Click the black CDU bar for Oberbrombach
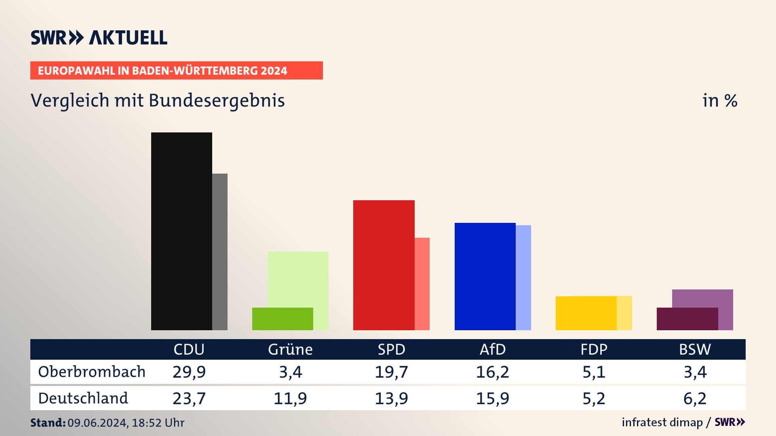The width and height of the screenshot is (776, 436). pyautogui.click(x=181, y=231)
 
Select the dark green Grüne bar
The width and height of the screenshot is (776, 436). pyautogui.click(x=283, y=319)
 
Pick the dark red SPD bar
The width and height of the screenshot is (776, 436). pyautogui.click(x=384, y=265)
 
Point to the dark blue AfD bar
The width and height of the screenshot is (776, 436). pyautogui.click(x=485, y=276)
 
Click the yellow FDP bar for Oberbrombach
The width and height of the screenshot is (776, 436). pyautogui.click(x=586, y=313)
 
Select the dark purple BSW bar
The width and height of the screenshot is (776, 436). pyautogui.click(x=687, y=319)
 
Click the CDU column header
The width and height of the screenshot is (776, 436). pyautogui.click(x=189, y=349)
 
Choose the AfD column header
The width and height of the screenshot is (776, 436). pyautogui.click(x=492, y=349)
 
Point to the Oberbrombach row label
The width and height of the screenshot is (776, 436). pyautogui.click(x=92, y=372)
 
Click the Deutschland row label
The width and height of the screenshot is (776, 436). pyautogui.click(x=83, y=398)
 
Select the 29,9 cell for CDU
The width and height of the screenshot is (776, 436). pyautogui.click(x=189, y=372)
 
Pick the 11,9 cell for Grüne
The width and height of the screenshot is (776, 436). pyautogui.click(x=290, y=398)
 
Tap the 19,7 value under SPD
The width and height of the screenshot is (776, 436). pyautogui.click(x=391, y=372)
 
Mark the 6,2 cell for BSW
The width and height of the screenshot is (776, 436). pyautogui.click(x=695, y=398)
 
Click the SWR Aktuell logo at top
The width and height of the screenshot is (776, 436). pyautogui.click(x=99, y=38)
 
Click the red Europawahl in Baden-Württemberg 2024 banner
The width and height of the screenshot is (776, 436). pyautogui.click(x=176, y=71)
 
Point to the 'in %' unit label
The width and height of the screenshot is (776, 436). pyautogui.click(x=720, y=101)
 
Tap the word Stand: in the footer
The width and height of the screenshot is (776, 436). pyautogui.click(x=48, y=423)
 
